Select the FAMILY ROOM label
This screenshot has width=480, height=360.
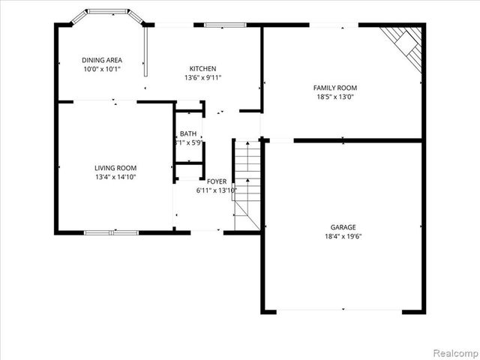334,88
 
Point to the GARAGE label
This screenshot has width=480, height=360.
343,227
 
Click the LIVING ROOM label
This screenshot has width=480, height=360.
115,168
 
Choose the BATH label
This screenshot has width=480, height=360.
188,133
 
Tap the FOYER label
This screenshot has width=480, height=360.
217,181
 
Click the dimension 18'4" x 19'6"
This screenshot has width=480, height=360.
343,236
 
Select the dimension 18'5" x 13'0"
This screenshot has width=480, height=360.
334,96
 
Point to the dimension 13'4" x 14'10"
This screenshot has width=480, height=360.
115,177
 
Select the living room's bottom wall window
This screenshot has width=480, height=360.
111,232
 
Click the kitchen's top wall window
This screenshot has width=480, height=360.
224,25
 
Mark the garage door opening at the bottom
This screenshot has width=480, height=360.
343,310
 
